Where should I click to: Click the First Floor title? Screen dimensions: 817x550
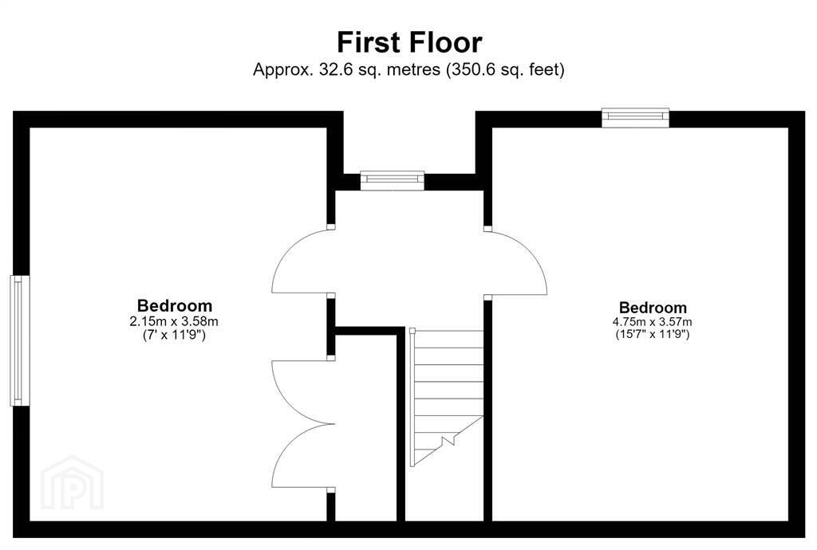(409, 42)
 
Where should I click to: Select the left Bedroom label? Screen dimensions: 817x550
(175, 305)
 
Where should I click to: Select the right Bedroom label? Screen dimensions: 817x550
(653, 308)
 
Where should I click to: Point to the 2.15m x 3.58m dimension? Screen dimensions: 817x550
(174, 321)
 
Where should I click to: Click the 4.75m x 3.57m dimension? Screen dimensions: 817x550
(653, 322)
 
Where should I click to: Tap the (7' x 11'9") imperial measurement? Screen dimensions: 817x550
(174, 335)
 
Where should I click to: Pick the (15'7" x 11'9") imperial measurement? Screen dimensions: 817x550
(653, 335)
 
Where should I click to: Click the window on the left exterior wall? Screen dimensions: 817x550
(20, 340)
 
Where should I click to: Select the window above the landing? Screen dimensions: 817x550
(393, 180)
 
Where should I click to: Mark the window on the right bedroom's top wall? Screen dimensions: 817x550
(635, 118)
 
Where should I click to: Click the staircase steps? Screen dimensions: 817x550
(447, 396)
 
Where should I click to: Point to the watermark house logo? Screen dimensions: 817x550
(72, 482)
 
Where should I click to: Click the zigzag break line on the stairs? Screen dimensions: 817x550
(448, 442)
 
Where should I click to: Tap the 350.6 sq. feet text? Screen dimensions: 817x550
(505, 69)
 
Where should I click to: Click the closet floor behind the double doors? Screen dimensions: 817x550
(365, 426)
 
